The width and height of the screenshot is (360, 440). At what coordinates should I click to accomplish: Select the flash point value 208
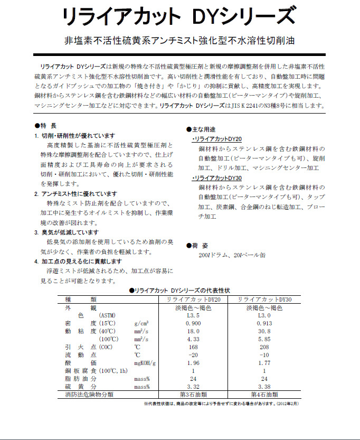click(x=264, y=347)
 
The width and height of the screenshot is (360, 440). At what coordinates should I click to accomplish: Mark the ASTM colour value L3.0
click(x=264, y=315)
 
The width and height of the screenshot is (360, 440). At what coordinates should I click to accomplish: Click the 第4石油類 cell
click(x=264, y=395)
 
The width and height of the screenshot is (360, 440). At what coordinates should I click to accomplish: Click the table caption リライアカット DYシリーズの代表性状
click(x=179, y=291)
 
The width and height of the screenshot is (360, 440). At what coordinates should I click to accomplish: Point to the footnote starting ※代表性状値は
click(x=236, y=404)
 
